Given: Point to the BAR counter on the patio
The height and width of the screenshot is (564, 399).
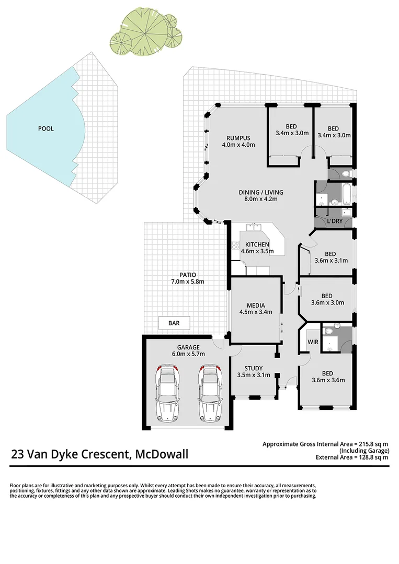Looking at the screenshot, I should pyautogui.click(x=174, y=323).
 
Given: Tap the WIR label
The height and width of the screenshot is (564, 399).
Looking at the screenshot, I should pyautogui.click(x=313, y=342).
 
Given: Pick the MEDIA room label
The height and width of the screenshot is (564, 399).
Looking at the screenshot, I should pyautogui.click(x=256, y=305).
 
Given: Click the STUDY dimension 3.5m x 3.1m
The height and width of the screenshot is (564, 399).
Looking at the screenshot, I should pyautogui.click(x=253, y=375).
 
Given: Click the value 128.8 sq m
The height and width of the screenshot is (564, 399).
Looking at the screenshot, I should pyautogui.click(x=370, y=457).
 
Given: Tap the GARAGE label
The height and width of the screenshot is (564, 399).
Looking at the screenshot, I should pyautogui.click(x=188, y=347).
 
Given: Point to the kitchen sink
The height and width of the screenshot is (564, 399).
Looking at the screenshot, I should pyautogui.click(x=254, y=227).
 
